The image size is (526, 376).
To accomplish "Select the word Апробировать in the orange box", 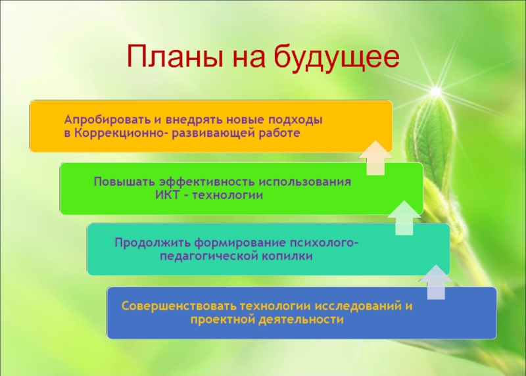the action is coord(106,120).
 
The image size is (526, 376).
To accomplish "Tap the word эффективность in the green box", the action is coord(207,182).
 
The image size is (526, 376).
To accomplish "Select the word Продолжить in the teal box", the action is coord(153,243).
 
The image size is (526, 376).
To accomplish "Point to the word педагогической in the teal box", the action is coord(209,256).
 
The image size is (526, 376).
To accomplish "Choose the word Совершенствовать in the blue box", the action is coord(179,306).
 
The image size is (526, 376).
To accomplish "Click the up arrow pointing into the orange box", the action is coord(375,158).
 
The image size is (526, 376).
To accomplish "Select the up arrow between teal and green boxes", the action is coord(404,218).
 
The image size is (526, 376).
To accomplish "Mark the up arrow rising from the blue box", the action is coord(436,282).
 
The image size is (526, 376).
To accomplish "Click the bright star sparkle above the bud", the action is coord(436,91).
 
